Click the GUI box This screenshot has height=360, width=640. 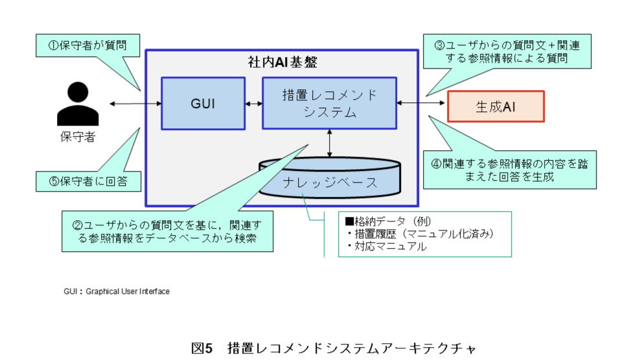point(203,104)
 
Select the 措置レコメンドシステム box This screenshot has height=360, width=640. point(329,104)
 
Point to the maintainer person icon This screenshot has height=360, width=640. point(78,104)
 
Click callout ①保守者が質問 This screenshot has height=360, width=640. point(87,46)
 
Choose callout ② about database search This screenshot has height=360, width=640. point(167,231)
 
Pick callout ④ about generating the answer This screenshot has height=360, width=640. point(509,170)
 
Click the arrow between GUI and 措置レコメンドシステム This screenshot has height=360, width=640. point(253,104)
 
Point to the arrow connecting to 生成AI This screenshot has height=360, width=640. point(422,103)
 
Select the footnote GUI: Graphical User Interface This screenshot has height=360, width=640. point(117,291)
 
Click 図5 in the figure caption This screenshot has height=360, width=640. point(202,348)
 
